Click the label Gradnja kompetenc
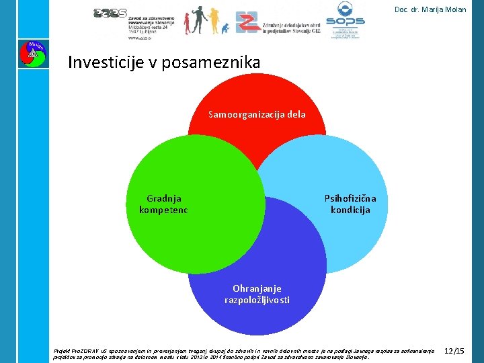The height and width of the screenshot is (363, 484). tap(163, 204)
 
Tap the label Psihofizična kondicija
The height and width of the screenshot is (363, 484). tap(350, 204)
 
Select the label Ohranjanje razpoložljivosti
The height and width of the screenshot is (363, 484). tap(257, 294)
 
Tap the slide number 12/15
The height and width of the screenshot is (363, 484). tap(454, 351)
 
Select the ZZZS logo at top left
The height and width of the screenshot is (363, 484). tap(110, 13)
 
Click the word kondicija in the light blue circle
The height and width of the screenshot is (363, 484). tap(350, 210)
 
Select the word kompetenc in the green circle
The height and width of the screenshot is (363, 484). tap(163, 210)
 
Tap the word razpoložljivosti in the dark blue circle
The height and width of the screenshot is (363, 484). tap(257, 300)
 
